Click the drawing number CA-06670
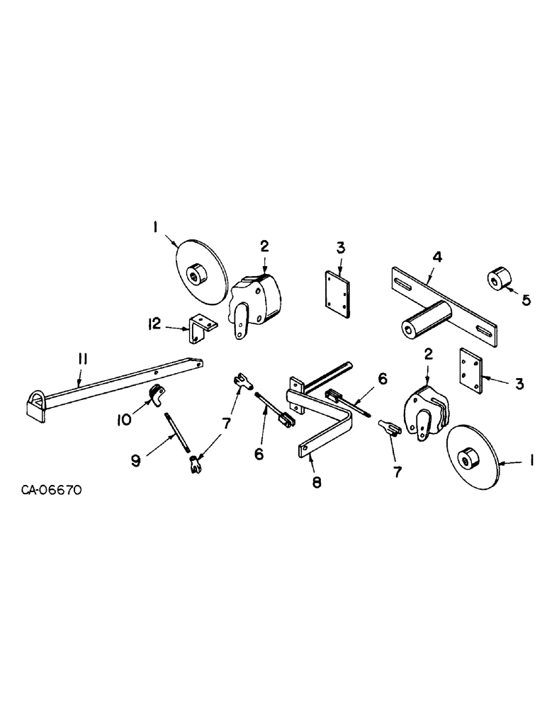pyautogui.click(x=51, y=489)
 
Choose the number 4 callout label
pyautogui.click(x=437, y=257)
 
